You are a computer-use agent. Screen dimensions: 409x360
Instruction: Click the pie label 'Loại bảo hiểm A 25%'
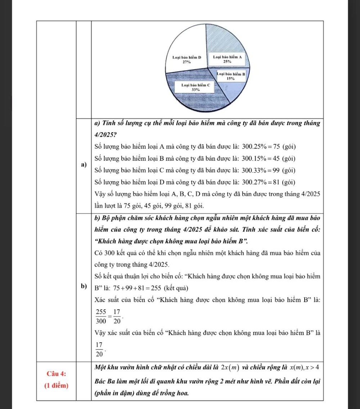[227, 59]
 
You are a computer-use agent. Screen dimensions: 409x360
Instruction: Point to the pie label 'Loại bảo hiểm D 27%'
[186, 59]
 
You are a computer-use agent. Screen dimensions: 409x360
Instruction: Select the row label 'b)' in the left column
[84, 286]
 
